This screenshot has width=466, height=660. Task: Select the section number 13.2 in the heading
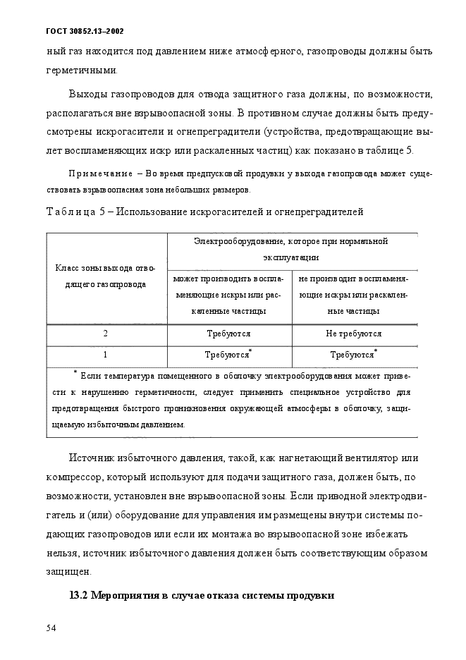point(79,595)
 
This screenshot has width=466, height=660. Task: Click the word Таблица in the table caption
point(73,210)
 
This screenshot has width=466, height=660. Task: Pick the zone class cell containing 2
point(106,334)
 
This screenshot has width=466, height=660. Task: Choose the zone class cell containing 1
point(106,355)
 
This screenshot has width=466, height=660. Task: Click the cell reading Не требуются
point(354,334)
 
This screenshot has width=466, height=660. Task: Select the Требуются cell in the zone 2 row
point(229,334)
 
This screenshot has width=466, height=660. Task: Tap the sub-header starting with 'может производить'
point(229,294)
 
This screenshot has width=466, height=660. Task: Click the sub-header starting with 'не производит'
point(354,294)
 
